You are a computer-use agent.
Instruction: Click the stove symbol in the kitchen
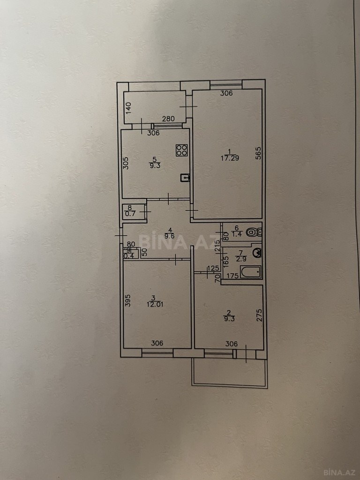click(181, 150)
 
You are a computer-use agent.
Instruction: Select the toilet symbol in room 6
click(254, 232)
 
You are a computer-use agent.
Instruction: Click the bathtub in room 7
click(251, 272)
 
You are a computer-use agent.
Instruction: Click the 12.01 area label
click(156, 305)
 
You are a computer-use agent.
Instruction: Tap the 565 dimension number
click(258, 153)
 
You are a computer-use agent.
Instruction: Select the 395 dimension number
click(128, 300)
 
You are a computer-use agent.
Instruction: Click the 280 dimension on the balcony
click(168, 119)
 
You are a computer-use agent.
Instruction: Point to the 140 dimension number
click(128, 108)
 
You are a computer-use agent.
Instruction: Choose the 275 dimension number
click(259, 315)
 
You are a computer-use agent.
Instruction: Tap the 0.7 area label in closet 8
click(130, 214)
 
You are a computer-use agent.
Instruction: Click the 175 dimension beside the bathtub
click(232, 276)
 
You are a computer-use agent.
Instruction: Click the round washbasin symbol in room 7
click(257, 253)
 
